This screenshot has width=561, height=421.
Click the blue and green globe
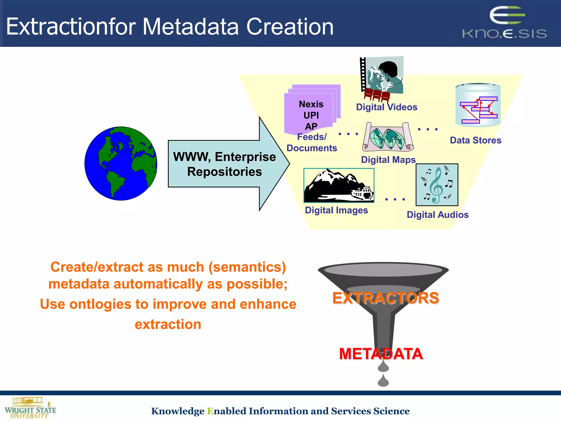click(121, 164)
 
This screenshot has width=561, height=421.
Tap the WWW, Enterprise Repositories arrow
click(225, 164)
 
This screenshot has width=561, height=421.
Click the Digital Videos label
click(387, 107)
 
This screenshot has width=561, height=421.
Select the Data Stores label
click(476, 140)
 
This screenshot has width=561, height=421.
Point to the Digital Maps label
click(388, 160)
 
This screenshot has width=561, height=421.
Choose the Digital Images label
click(336, 210)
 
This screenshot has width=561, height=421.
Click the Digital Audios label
click(437, 215)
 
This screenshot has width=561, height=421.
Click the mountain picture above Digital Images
click(339, 186)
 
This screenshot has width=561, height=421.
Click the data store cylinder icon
click(478, 105)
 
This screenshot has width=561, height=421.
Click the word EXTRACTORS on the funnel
click(386, 298)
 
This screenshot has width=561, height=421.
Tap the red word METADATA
click(381, 354)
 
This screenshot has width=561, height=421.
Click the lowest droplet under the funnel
click(383, 380)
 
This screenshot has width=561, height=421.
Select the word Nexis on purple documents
click(311, 104)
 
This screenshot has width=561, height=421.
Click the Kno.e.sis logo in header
click(505, 23)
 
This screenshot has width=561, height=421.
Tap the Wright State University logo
click(30, 408)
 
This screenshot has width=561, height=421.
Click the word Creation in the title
click(290, 27)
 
